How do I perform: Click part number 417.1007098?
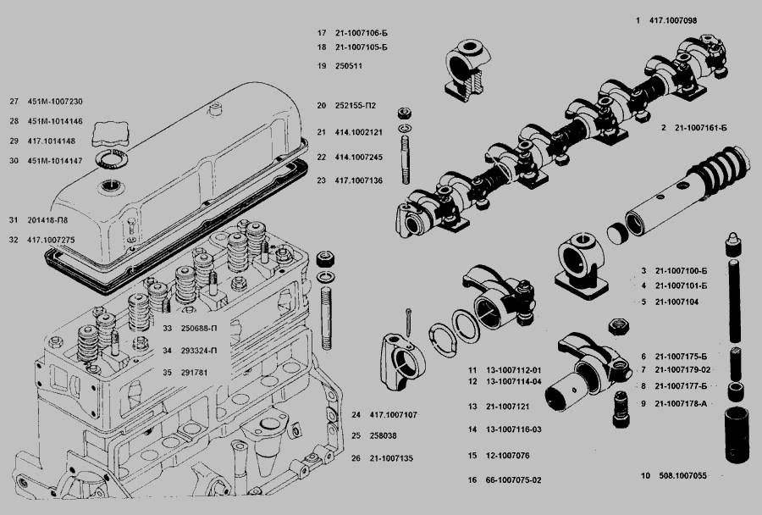(x=675, y=19)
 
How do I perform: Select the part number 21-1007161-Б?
(x=703, y=128)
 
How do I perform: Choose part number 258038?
(x=383, y=435)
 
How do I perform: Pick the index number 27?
(x=14, y=101)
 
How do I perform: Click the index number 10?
(x=645, y=476)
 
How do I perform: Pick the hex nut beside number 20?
(x=405, y=111)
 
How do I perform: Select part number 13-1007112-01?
(x=514, y=371)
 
